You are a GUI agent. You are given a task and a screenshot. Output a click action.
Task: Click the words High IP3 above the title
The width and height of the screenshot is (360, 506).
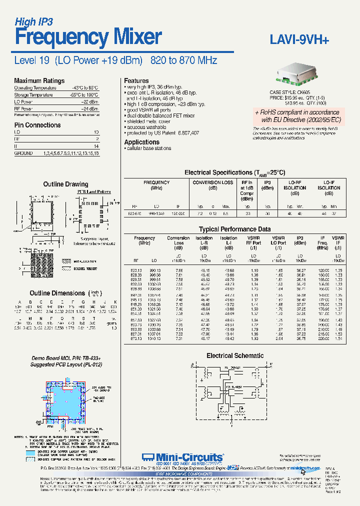(33, 21)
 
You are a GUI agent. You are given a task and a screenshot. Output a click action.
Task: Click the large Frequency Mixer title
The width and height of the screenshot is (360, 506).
(88, 37)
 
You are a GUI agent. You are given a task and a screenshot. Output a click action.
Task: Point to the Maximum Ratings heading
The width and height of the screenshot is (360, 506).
(39, 81)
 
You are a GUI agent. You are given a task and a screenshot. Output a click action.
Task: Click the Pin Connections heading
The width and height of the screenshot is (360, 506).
(37, 125)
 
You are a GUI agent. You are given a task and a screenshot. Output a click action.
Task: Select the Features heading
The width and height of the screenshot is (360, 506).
(136, 80)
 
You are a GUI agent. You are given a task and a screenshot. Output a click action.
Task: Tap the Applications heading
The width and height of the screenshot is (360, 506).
(142, 142)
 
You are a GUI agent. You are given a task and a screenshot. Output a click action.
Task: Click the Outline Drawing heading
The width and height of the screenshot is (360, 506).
(65, 184)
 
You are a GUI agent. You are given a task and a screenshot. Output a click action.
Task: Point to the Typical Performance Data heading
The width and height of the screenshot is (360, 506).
(234, 229)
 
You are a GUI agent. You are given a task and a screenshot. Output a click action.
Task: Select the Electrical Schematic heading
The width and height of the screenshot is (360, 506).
(235, 355)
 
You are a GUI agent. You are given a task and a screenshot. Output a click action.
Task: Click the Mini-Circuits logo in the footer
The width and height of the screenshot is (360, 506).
(182, 456)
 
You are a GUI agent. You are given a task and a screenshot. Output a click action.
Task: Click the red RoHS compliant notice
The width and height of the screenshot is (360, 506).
(297, 116)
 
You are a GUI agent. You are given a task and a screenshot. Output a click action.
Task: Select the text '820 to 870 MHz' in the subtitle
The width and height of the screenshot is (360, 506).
(183, 60)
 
